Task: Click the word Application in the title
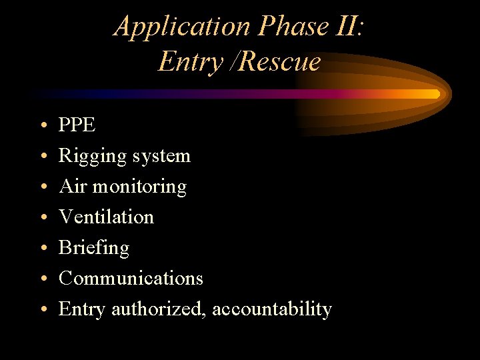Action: point(181,27)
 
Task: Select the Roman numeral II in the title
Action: point(348,27)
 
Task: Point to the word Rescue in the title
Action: point(279,62)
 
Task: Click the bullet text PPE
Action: point(77,125)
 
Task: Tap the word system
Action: point(161,156)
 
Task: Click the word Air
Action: point(73,186)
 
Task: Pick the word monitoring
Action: point(139,187)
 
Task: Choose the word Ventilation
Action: point(106,217)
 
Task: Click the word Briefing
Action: point(94,248)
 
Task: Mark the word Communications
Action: point(131,278)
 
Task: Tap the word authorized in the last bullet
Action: point(159,309)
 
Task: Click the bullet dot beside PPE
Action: point(43,125)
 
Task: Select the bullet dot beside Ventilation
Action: point(43,217)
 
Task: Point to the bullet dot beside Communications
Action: point(43,279)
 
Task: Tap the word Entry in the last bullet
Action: point(83,309)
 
